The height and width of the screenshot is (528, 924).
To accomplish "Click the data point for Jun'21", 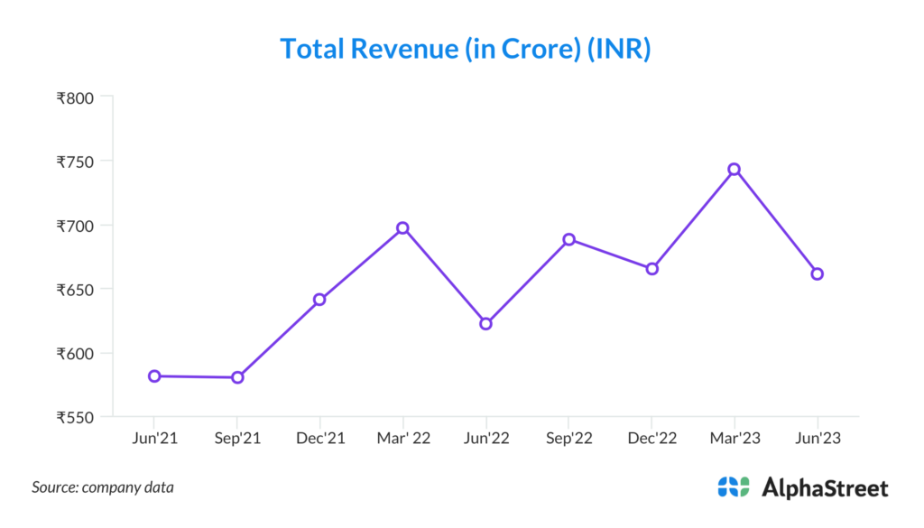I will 154,375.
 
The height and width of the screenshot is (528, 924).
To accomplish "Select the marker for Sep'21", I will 237,377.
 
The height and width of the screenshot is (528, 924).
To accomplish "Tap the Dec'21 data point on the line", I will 319,299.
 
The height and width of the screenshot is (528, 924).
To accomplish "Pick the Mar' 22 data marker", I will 402,227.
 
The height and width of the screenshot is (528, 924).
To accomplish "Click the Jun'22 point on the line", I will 485,323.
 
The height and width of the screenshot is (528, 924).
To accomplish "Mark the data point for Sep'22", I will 568,239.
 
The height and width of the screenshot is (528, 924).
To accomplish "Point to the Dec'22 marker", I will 651,268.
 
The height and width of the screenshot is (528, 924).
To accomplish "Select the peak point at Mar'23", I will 735,169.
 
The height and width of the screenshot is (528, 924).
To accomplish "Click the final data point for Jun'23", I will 818,273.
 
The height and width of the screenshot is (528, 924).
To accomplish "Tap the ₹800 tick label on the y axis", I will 76,97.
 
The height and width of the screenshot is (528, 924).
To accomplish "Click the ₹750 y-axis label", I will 76,162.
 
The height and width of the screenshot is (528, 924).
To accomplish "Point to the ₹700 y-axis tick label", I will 76,226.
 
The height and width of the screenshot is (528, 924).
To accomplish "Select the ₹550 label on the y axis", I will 76,417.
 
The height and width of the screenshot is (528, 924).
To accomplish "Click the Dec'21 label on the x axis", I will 319,438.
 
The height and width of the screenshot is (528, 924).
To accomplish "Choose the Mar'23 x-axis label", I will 735,438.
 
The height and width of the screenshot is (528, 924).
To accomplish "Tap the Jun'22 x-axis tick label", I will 485,438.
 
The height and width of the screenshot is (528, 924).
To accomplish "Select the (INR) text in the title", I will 619,49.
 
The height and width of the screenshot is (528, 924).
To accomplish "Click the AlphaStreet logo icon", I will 734,487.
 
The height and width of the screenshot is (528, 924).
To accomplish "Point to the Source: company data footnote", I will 103,487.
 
